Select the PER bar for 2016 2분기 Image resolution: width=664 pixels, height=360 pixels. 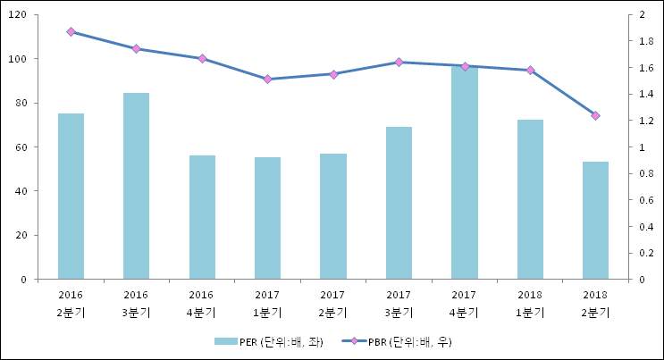click(71, 197)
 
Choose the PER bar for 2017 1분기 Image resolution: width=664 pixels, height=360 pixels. click(267, 218)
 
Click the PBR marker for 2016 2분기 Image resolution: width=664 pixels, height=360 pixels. click(71, 32)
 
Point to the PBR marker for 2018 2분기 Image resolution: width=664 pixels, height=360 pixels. click(595, 115)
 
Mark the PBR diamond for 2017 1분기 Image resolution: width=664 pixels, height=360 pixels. click(267, 80)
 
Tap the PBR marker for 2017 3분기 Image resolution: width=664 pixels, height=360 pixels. click(399, 63)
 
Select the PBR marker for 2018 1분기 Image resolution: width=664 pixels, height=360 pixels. click(530, 70)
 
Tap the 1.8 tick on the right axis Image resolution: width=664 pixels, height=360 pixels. click(640, 41)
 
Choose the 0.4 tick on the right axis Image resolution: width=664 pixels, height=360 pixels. click(640, 227)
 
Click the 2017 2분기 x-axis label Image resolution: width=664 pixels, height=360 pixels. click(332, 304)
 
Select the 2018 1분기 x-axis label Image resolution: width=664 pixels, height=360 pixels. click(530, 304)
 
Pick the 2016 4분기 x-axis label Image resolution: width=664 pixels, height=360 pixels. click(202, 304)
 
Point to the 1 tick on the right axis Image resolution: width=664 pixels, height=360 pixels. click(635, 147)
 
